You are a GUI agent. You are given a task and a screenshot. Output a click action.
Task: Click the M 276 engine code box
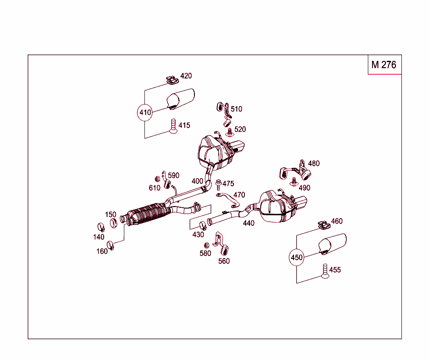pyautogui.click(x=384, y=65)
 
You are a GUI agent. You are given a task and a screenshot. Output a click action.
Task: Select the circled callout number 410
pyautogui.click(x=145, y=112)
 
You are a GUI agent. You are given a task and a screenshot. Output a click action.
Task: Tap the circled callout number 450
pyautogui.click(x=296, y=258)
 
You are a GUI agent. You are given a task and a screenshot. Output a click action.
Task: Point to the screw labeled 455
pyautogui.click(x=325, y=271)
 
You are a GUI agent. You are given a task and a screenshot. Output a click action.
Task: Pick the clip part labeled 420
pyautogui.click(x=170, y=79)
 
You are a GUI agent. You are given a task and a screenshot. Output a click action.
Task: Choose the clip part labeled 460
pyautogui.click(x=323, y=225)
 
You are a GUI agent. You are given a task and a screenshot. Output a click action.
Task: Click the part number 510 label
pyautogui.click(x=236, y=109)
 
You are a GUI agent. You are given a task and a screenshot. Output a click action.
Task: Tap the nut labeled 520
pyautogui.click(x=229, y=132)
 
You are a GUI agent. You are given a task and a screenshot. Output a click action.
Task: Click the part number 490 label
pyautogui.click(x=304, y=188)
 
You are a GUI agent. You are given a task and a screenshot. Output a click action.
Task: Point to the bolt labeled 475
pyautogui.click(x=218, y=184)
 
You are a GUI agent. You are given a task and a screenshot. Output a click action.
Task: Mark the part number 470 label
pyautogui.click(x=239, y=195)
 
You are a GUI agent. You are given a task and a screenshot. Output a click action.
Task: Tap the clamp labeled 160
pyautogui.click(x=111, y=245)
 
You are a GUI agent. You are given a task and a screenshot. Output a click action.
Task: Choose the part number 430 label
pyautogui.click(x=198, y=235)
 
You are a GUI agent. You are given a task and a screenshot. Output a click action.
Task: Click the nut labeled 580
pyautogui.click(x=206, y=245)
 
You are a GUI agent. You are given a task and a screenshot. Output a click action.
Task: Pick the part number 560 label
pyautogui.click(x=224, y=261)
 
